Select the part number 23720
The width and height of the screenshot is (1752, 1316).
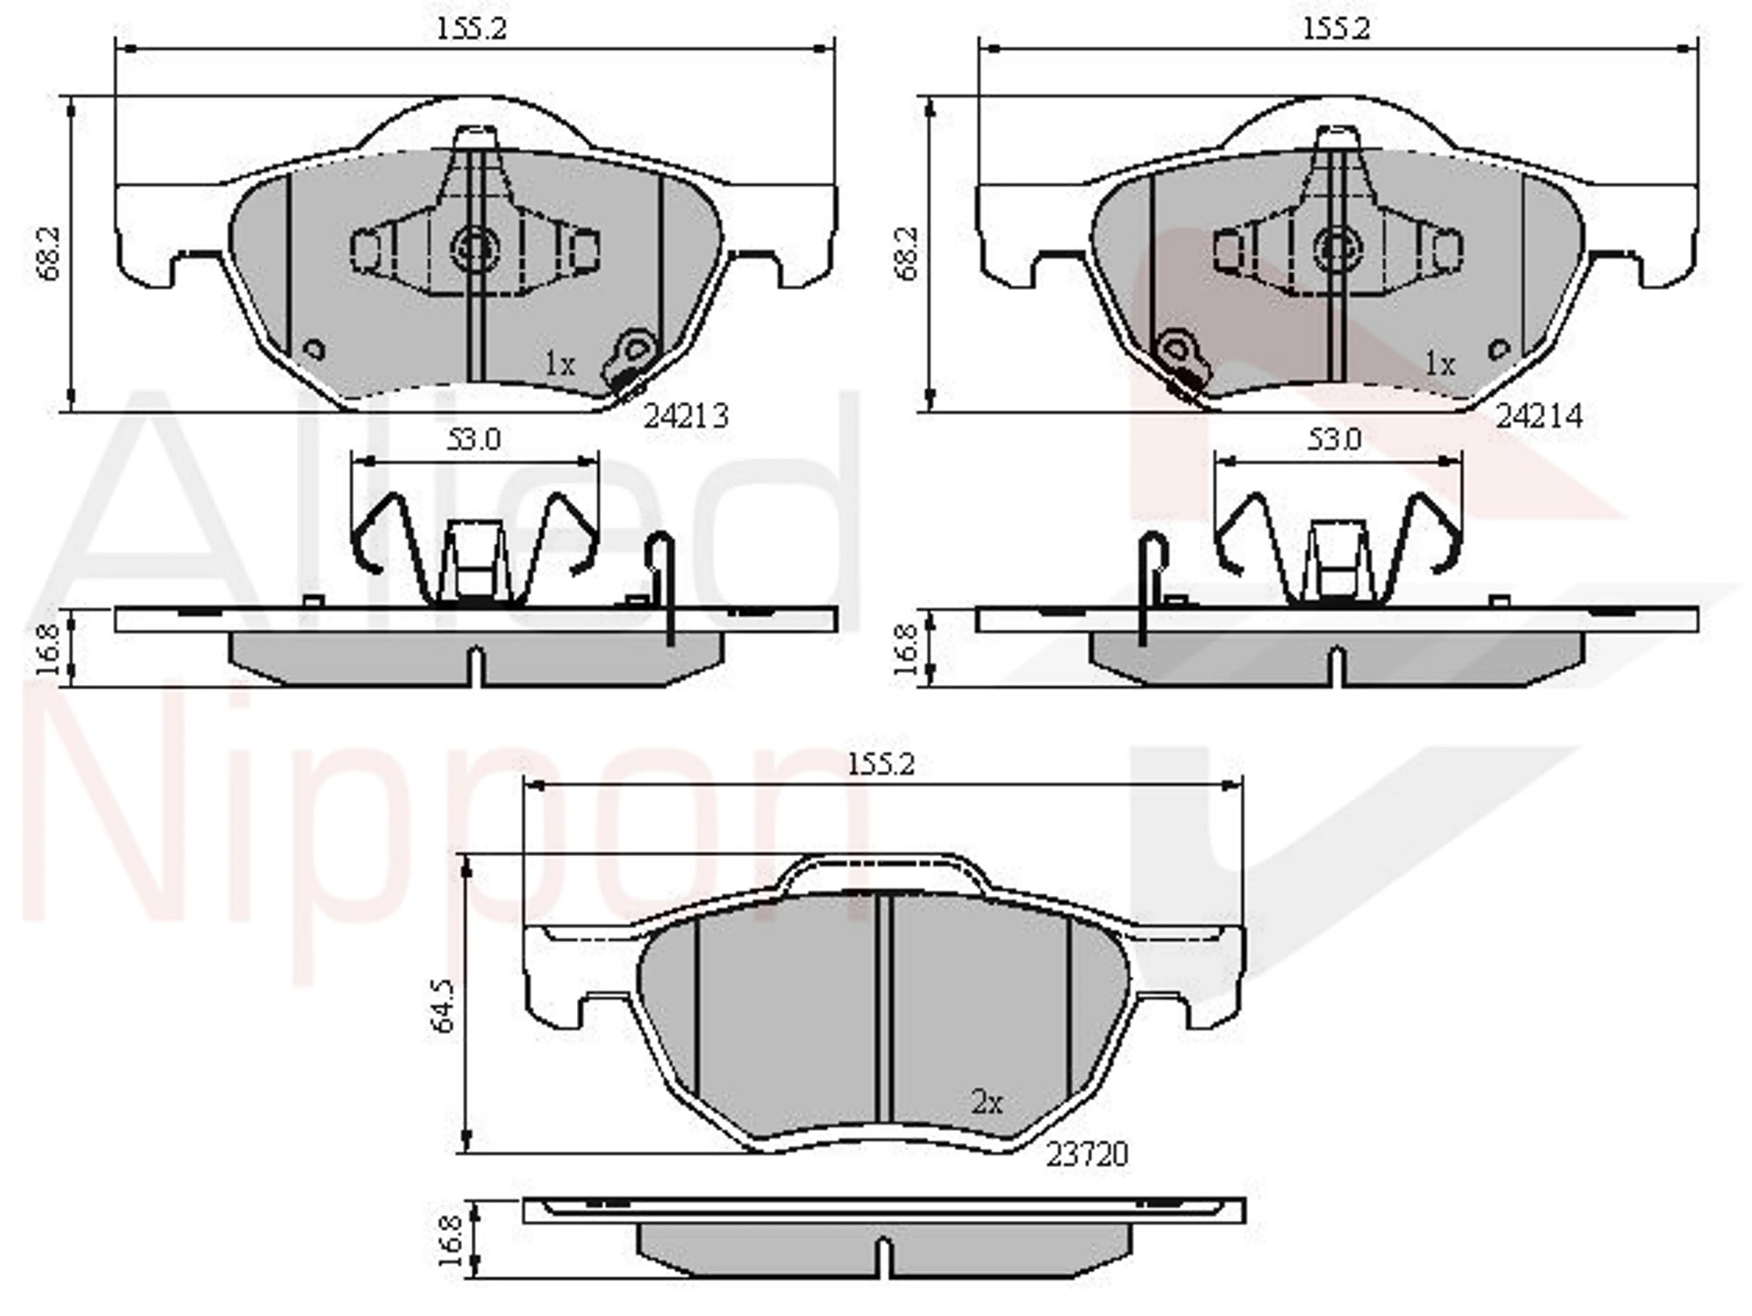1087,1155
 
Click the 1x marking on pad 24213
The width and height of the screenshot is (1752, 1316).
559,364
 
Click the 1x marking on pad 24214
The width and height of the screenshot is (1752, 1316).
1440,364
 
